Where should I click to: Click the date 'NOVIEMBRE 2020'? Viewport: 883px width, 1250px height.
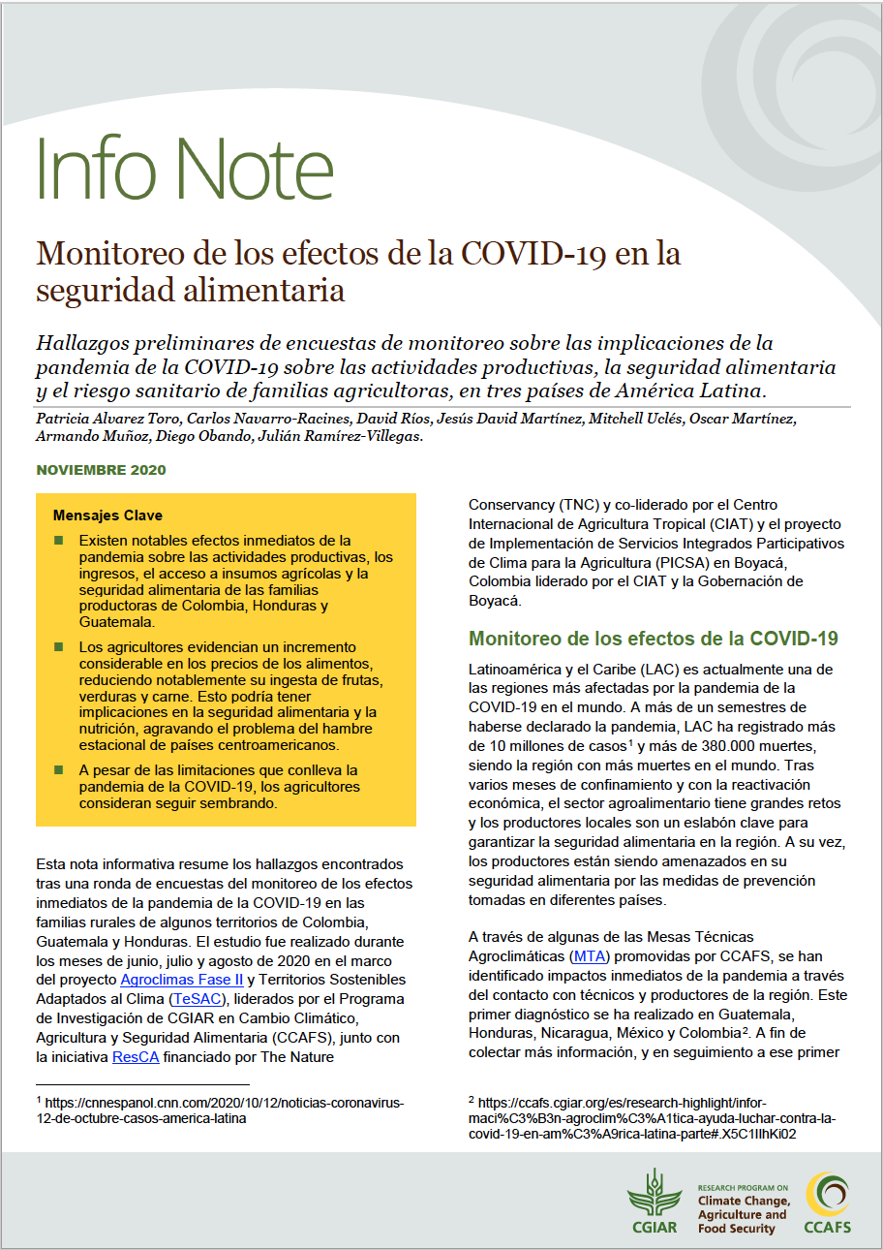point(101,470)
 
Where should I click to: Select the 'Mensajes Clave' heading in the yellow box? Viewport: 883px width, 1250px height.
point(107,516)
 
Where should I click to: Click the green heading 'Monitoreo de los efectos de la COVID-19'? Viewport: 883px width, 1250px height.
point(653,640)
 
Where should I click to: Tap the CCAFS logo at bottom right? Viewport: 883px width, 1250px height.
point(828,1203)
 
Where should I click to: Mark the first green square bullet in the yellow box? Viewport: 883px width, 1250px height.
point(59,540)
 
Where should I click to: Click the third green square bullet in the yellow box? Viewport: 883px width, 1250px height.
point(59,770)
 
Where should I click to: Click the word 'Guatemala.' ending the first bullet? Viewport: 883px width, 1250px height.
point(116,622)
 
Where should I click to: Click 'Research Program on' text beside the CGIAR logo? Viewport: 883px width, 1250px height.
point(743,1187)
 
